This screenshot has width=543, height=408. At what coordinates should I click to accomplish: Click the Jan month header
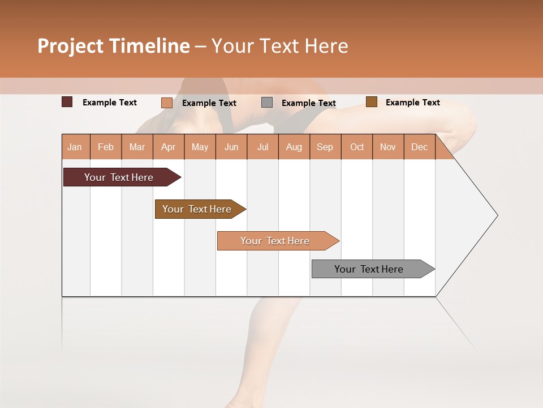75,147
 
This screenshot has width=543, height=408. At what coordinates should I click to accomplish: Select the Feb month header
106,147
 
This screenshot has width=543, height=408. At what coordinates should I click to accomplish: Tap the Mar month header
137,147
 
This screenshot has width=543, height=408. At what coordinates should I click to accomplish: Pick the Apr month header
169,147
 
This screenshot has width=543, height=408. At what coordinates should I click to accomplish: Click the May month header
200,147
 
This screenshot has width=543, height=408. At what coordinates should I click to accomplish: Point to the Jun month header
231,147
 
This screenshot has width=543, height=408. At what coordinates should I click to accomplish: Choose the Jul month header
262,147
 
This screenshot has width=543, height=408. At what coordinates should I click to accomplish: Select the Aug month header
294,147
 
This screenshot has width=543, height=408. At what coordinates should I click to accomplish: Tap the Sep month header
325,147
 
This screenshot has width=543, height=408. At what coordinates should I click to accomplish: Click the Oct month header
357,147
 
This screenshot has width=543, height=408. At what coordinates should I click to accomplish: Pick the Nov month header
388,147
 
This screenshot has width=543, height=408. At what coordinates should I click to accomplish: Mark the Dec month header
420,147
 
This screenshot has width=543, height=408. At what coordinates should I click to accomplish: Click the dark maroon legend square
67,102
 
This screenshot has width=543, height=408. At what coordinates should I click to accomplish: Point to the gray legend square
267,103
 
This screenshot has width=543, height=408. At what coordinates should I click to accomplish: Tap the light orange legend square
167,103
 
